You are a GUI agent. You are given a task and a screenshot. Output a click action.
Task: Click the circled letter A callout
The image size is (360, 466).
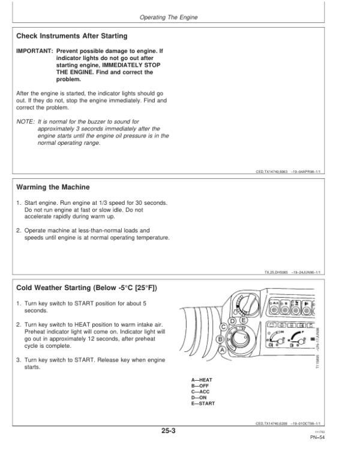coord(223,350)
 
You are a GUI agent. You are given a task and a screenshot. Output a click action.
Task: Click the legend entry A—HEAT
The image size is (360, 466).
coord(201,380)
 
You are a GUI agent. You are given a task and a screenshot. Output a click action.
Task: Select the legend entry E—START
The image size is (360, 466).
coord(202,403)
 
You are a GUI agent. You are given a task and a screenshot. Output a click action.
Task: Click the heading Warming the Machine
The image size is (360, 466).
coord(53,187)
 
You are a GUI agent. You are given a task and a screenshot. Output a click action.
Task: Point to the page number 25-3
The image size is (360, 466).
coord(167,431)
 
